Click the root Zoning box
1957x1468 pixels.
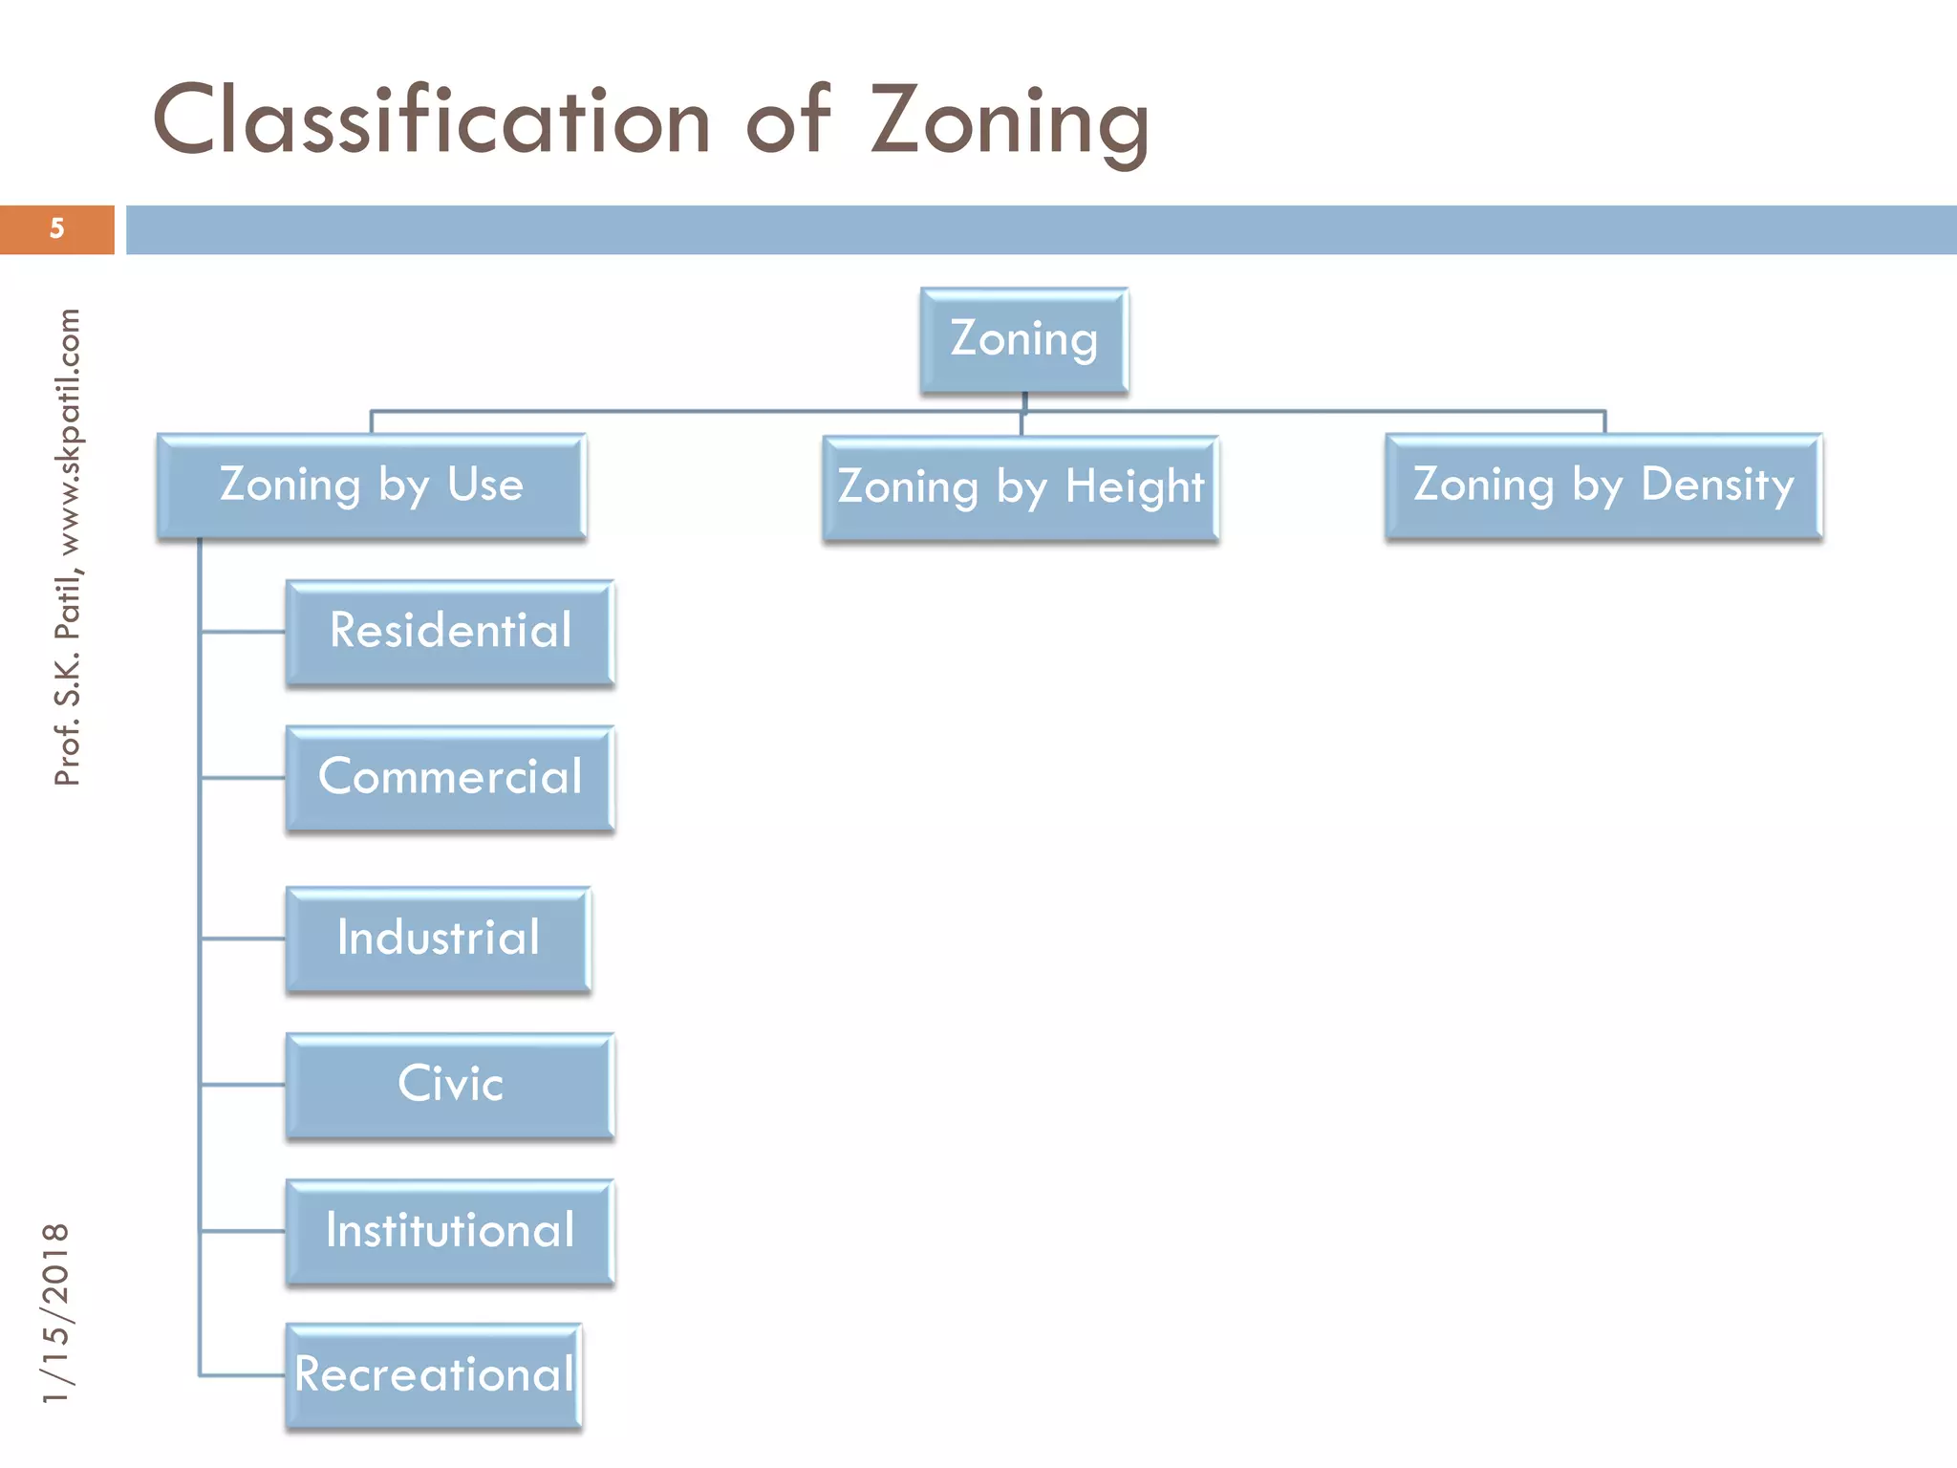point(1023,340)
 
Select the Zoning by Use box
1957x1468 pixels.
point(372,486)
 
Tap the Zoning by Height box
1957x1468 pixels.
point(1021,487)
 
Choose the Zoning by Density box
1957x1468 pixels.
point(1603,486)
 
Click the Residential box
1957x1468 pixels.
point(450,632)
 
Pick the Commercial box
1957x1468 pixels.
point(450,777)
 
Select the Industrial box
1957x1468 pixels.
point(439,939)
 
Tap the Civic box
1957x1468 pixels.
point(450,1085)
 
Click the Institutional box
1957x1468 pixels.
point(450,1231)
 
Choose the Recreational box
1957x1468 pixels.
point(434,1375)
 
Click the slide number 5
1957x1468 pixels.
point(57,229)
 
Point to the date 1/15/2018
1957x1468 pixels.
point(56,1313)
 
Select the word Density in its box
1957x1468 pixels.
point(1717,486)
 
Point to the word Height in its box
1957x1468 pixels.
point(1134,487)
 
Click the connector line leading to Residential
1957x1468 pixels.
point(243,632)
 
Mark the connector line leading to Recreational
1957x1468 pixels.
point(243,1375)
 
